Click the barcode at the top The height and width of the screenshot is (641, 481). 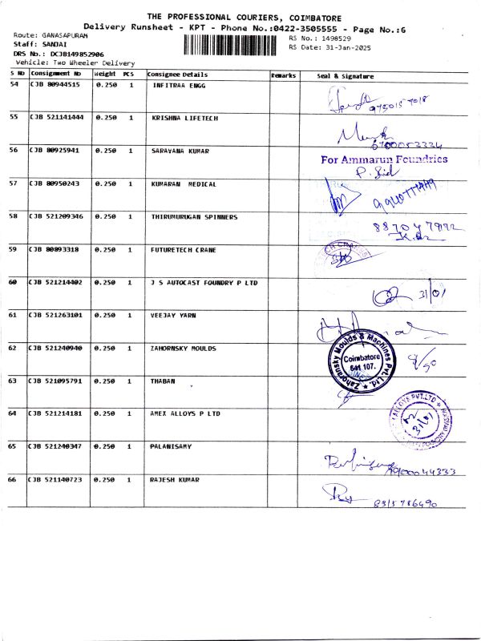point(232,43)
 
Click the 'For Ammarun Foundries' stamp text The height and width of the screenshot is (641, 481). point(384,159)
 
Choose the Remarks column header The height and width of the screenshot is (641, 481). point(284,75)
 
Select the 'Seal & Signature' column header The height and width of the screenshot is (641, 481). point(346,76)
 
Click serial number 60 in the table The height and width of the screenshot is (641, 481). point(13,282)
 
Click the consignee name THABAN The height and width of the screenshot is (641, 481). point(163,381)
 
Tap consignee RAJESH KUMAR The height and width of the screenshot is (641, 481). point(175,479)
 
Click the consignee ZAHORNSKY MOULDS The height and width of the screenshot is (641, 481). point(184,348)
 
